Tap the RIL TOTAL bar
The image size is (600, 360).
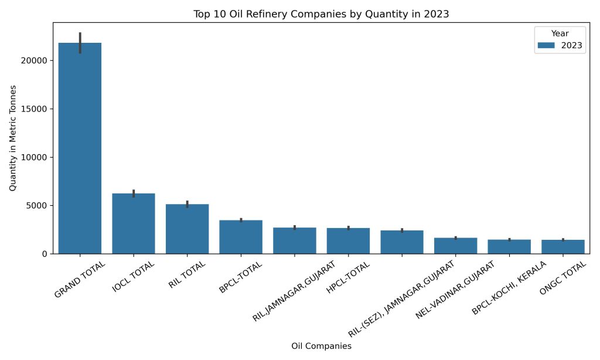point(187,229)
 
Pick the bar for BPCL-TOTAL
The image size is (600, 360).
point(241,237)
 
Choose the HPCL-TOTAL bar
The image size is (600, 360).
point(348,240)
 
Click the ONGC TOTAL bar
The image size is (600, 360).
point(563,246)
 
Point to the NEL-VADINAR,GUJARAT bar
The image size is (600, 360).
point(455,245)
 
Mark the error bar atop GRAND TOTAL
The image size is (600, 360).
point(80,42)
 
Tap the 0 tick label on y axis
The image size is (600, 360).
point(45,254)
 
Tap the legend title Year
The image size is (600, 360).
point(560,33)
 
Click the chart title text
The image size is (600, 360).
point(321,14)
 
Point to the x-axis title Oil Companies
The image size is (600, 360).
point(321,347)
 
